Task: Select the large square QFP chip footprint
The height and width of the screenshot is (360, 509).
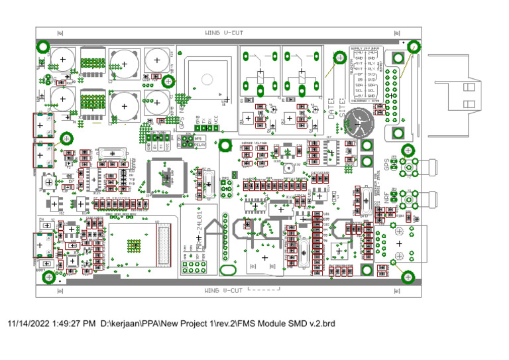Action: click(x=162, y=177)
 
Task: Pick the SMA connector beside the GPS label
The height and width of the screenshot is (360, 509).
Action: click(x=408, y=166)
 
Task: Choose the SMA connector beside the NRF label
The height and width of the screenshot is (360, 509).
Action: click(x=408, y=197)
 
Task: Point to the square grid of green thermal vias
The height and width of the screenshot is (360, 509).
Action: click(x=135, y=244)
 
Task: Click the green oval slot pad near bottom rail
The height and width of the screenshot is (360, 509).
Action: click(x=229, y=270)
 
